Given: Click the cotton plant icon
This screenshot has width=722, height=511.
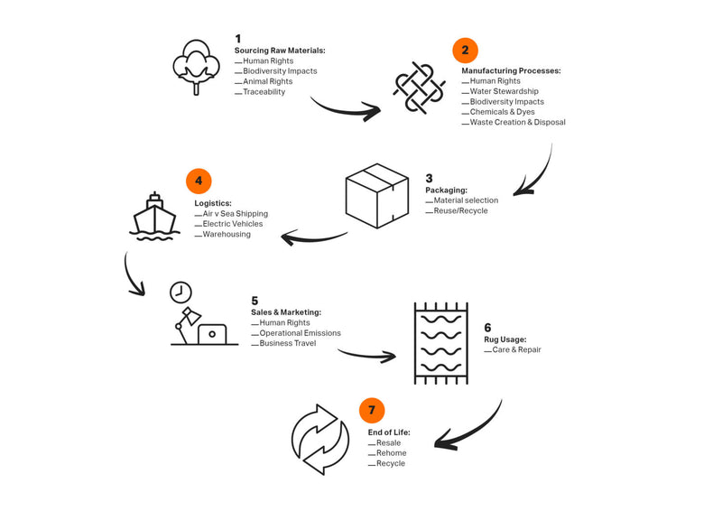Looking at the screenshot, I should [196, 66].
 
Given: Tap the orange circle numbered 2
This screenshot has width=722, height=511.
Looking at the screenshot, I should [465, 50].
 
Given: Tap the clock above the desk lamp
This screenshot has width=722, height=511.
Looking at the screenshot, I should [180, 292].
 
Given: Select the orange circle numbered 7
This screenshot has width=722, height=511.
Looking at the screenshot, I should [372, 411].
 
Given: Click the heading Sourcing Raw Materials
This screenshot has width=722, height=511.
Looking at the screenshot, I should [280, 51].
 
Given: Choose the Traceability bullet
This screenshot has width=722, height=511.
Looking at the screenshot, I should [264, 92].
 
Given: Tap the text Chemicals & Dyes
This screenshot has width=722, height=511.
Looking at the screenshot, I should [502, 112].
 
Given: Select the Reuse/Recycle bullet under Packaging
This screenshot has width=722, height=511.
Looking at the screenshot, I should [460, 210].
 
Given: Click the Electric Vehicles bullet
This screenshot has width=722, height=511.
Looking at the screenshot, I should [234, 224].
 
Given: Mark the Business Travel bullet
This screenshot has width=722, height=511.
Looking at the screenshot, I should [287, 343].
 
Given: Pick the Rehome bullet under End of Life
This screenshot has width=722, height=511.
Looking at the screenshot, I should [391, 453].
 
